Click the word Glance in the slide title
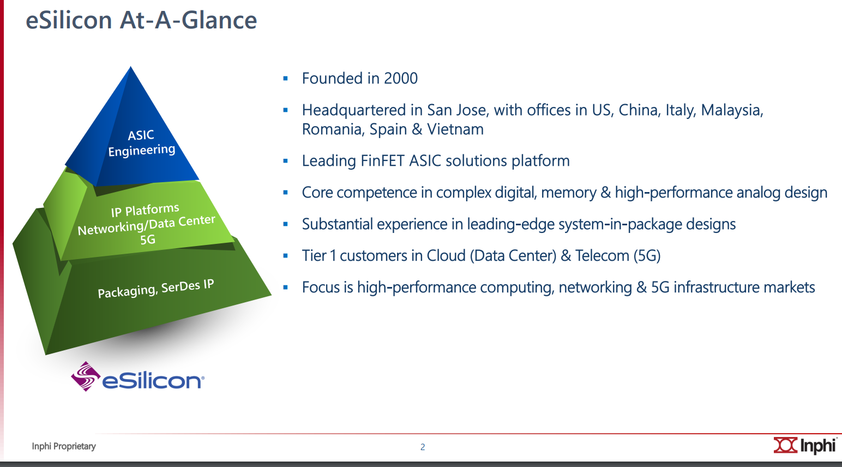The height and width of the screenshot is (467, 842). pos(219,20)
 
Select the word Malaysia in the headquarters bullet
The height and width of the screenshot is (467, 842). pos(732,110)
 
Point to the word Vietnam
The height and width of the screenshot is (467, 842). pos(455,129)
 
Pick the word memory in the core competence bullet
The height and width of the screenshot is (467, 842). pos(569,193)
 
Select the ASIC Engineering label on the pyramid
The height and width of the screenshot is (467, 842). pos(141,143)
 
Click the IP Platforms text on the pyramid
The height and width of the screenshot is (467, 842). pos(145,210)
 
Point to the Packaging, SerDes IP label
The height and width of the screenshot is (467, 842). pos(155,289)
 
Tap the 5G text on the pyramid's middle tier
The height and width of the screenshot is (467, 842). pos(147,240)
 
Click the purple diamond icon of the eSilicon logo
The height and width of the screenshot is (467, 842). pos(86,376)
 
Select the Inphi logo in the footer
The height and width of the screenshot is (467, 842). pos(805,446)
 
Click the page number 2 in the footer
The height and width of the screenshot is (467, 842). pos(423,447)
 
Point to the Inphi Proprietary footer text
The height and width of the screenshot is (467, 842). pos(64,446)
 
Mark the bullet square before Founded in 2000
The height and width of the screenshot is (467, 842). pos(285,79)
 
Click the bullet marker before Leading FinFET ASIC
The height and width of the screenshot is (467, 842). pos(285,161)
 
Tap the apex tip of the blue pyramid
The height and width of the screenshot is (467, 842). pos(130,67)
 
